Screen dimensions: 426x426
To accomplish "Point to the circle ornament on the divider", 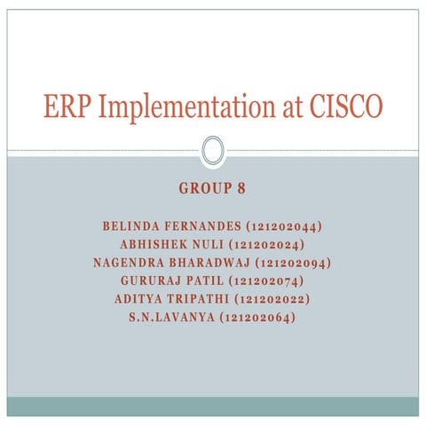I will pyautogui.click(x=212, y=150).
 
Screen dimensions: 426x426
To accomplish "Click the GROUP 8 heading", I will pyautogui.click(x=212, y=189).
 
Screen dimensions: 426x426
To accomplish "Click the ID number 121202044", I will pyautogui.click(x=283, y=226).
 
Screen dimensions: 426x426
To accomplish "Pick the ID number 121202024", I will pyautogui.click(x=267, y=244).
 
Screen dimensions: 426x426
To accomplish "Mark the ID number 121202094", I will pyautogui.click(x=293, y=263).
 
